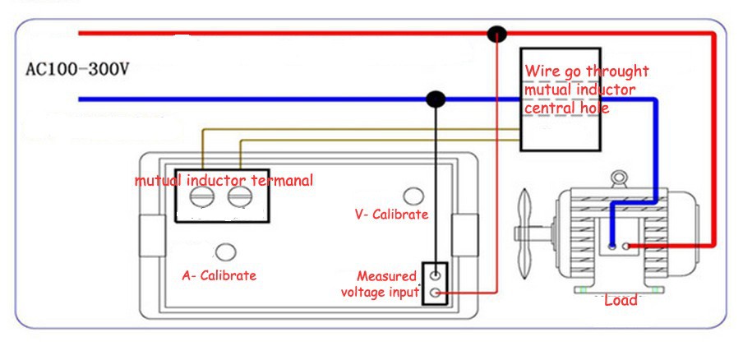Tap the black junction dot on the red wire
496,34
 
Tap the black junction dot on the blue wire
436,99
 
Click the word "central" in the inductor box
552,107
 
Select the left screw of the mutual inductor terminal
202,196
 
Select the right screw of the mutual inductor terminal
239,196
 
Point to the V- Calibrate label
391,215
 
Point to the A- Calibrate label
219,275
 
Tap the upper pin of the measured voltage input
436,275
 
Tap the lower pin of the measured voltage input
436,293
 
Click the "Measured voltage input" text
380,284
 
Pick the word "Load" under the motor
621,301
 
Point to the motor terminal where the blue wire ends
612,246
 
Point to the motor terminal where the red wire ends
627,246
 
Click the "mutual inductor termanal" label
224,181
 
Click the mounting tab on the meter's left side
150,236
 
